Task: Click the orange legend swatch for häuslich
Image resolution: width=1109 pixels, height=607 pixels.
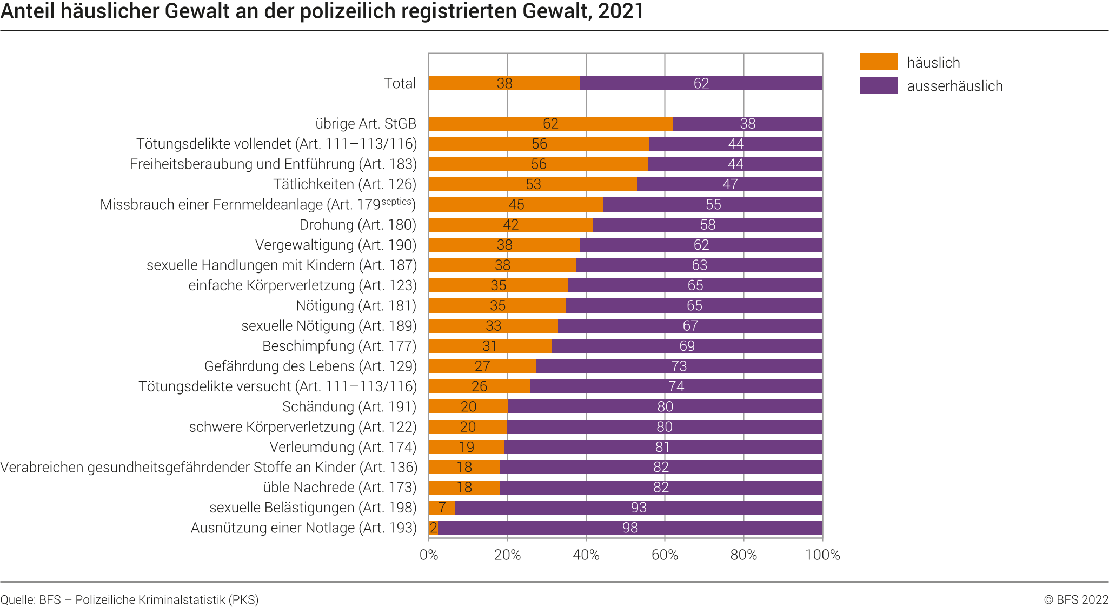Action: coord(878,62)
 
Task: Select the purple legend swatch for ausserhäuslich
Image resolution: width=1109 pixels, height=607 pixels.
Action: coord(878,85)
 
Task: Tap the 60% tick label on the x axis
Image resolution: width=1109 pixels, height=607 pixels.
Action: coord(665,555)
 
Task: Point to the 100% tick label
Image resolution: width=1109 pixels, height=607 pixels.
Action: coord(822,555)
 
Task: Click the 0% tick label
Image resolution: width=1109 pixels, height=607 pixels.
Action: coord(429,555)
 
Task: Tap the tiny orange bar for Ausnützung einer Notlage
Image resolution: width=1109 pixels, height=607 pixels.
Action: coord(433,528)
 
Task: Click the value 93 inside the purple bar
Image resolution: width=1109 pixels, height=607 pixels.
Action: coord(639,508)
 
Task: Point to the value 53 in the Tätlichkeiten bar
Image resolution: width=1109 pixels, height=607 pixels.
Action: coord(533,184)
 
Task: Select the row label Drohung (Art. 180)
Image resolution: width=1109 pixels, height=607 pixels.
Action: coord(358,225)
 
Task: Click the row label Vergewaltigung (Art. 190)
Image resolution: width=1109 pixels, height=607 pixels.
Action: coord(336,245)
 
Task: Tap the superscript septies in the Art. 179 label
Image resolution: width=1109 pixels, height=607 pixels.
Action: coord(397,202)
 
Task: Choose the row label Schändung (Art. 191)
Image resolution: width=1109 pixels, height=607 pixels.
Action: coord(349,406)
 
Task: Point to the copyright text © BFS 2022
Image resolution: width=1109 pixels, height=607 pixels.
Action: coord(1076,599)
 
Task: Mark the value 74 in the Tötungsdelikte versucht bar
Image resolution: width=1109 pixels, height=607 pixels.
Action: coord(676,386)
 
